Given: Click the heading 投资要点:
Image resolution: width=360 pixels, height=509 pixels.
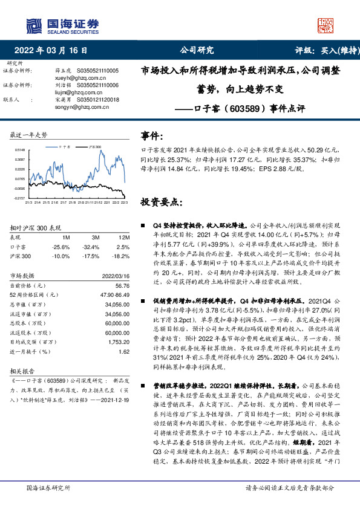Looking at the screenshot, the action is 160,201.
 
